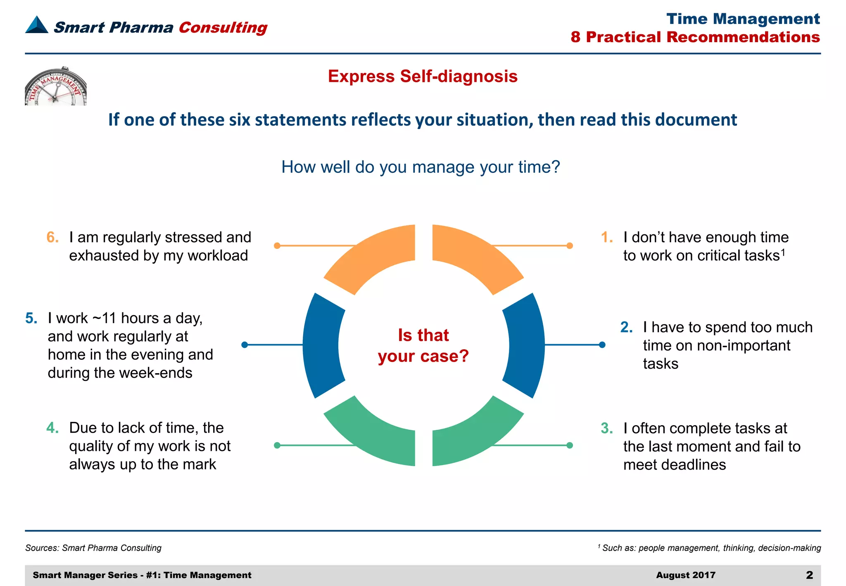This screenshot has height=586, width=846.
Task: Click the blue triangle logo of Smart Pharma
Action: [x=37, y=25]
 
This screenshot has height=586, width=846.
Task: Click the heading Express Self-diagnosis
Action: [x=423, y=76]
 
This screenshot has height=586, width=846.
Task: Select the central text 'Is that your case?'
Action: [x=423, y=345]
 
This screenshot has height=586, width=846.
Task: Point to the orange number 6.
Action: [x=52, y=237]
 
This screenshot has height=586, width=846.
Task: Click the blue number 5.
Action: [x=31, y=318]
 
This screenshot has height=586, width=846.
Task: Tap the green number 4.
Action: [x=52, y=428]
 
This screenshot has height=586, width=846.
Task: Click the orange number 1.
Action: [x=607, y=237]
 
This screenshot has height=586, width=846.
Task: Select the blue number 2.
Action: [x=626, y=327]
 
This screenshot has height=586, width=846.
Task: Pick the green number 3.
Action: [x=607, y=429]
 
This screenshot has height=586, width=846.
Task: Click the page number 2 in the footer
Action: [x=809, y=575]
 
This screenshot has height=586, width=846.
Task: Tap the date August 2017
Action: [x=686, y=575]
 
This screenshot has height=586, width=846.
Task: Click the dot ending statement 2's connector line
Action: [x=602, y=345]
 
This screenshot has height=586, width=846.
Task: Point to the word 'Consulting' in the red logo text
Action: [x=223, y=28]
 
